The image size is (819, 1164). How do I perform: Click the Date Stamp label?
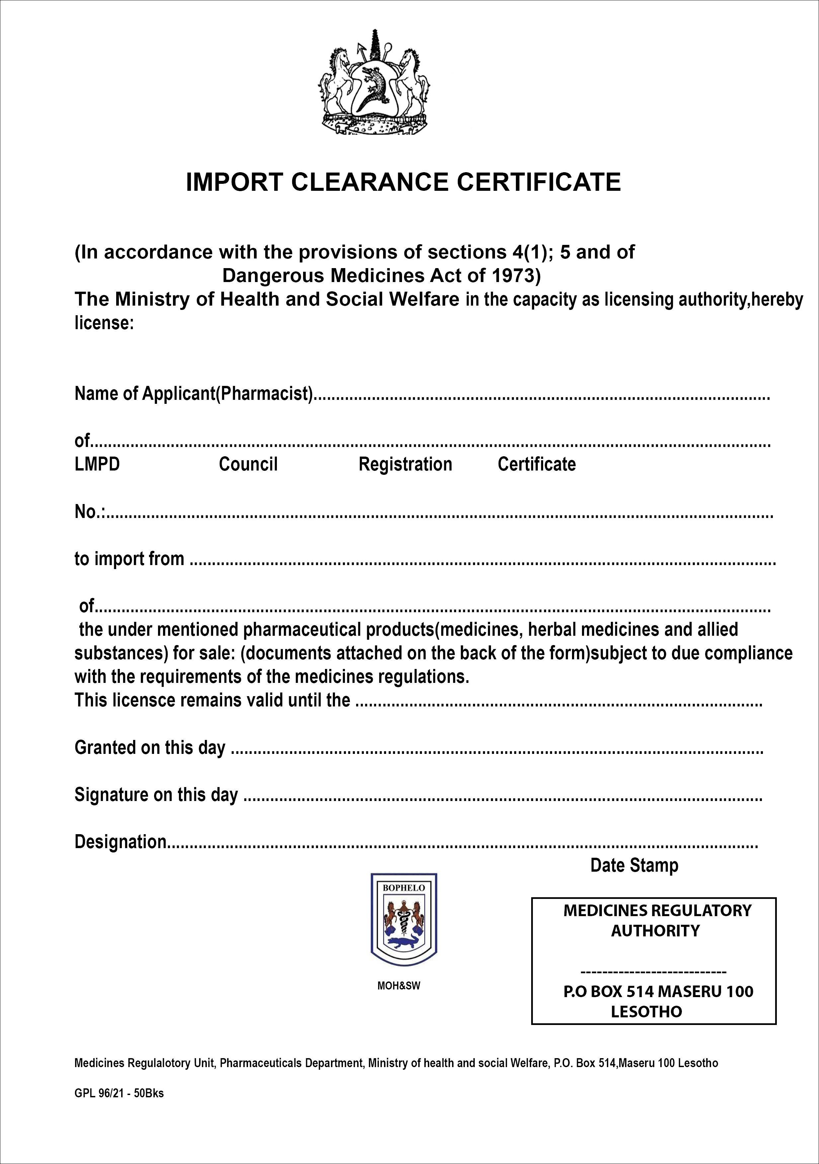tap(634, 865)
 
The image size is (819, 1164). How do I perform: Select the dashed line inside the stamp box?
tap(653, 972)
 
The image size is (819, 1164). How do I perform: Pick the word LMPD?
tap(97, 464)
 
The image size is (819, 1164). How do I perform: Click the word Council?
tap(248, 464)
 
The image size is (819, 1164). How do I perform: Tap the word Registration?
tap(405, 464)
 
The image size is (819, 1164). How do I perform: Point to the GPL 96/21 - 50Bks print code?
tap(119, 1094)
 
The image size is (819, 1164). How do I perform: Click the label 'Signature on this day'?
tap(156, 794)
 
